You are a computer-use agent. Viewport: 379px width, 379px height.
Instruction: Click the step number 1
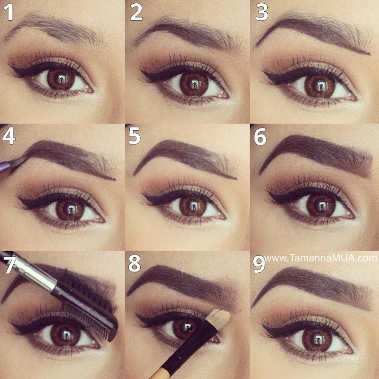coord(9,12)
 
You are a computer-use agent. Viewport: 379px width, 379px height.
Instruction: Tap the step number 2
coord(136,12)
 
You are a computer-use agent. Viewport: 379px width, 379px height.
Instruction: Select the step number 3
coord(262,12)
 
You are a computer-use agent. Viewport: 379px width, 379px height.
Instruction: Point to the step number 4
coord(9,136)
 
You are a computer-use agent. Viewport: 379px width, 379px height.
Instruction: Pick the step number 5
coord(135,136)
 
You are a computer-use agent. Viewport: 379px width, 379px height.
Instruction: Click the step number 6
coord(260,136)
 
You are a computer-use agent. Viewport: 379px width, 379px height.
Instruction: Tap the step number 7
coord(9,264)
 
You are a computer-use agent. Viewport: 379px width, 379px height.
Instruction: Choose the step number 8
coord(135,264)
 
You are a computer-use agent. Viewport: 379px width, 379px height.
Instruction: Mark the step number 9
coord(259,264)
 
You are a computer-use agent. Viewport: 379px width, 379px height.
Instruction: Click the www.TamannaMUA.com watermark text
coord(321,258)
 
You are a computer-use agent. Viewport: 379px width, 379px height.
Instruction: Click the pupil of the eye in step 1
coord(61,79)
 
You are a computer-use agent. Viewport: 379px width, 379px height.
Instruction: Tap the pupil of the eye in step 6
coord(320,206)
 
